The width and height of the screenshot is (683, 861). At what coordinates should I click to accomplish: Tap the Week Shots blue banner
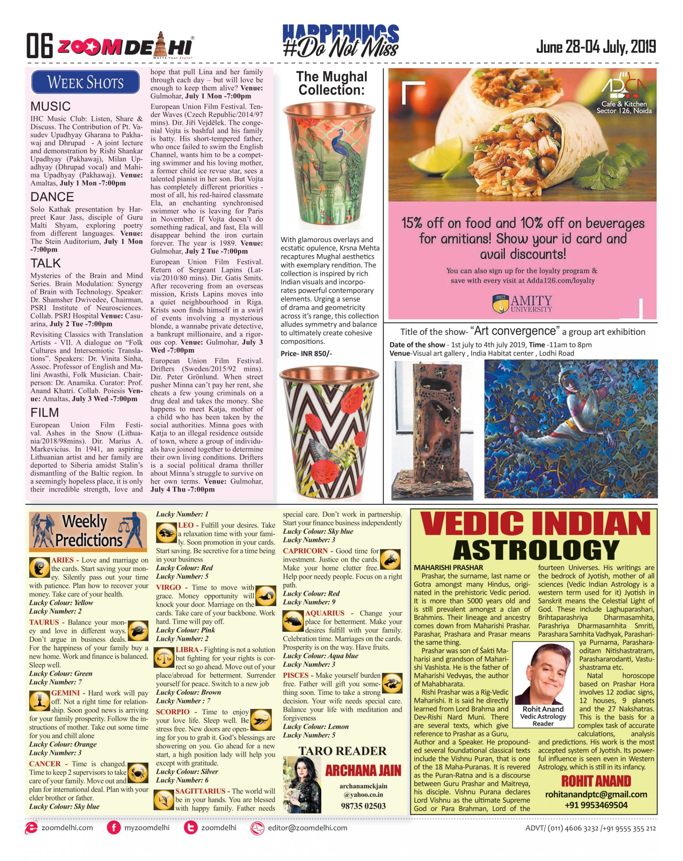click(85, 82)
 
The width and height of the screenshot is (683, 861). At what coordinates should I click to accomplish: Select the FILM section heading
click(44, 412)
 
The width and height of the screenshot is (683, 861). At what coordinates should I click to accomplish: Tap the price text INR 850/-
click(306, 353)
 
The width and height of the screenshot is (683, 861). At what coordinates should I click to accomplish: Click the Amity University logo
click(522, 303)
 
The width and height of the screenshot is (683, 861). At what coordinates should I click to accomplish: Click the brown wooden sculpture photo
click(432, 429)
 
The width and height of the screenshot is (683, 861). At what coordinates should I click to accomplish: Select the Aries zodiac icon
click(39, 567)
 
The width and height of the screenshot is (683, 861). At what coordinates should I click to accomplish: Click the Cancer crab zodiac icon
click(138, 773)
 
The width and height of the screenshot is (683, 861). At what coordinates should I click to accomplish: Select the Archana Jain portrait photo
click(302, 785)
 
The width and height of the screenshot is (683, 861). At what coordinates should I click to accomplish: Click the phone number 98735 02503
click(363, 806)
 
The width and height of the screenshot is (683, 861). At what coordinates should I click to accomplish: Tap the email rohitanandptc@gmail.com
click(596, 794)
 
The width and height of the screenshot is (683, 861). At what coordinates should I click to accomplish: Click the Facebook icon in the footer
click(113, 828)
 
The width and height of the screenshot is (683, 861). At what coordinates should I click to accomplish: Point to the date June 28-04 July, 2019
click(596, 47)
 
